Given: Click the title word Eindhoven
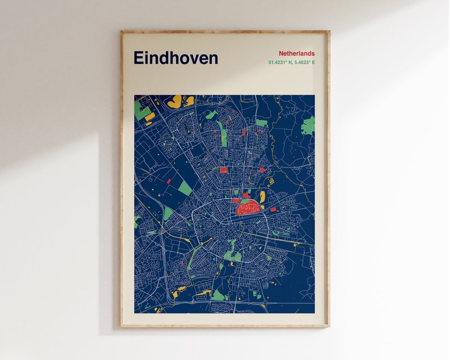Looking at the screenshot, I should (x=176, y=58).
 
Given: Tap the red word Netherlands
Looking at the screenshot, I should (x=296, y=53).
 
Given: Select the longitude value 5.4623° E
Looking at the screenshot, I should (x=303, y=62).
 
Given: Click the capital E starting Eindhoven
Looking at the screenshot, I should (x=138, y=58).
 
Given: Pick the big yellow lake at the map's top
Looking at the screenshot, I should (x=176, y=101).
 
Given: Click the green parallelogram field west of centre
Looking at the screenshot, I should (x=185, y=188).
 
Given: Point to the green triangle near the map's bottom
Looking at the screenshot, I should (x=218, y=295).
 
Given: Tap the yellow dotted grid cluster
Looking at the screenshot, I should (x=270, y=181).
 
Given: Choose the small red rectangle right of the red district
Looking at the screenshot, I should (x=273, y=209).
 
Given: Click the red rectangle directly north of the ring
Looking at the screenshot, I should (x=223, y=170).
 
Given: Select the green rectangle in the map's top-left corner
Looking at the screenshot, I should (x=142, y=112).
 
